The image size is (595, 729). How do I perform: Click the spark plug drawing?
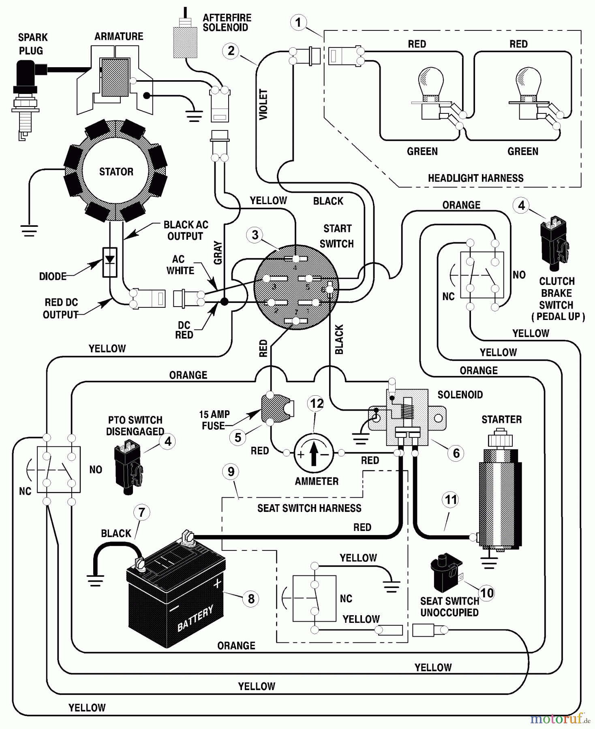click(25, 97)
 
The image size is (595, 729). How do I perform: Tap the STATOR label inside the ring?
click(116, 172)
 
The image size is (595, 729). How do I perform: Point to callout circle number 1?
click(299, 22)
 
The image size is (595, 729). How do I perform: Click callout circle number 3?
click(255, 235)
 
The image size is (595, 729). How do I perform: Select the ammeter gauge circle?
click(313, 454)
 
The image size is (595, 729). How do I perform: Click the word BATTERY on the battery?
click(195, 618)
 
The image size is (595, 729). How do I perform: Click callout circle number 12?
click(317, 403)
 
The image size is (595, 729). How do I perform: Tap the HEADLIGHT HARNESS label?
click(475, 178)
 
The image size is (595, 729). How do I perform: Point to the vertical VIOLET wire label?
click(263, 104)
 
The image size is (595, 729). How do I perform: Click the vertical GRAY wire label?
click(218, 253)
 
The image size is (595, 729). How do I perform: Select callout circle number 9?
click(231, 472)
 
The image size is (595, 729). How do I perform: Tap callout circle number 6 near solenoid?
click(456, 453)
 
